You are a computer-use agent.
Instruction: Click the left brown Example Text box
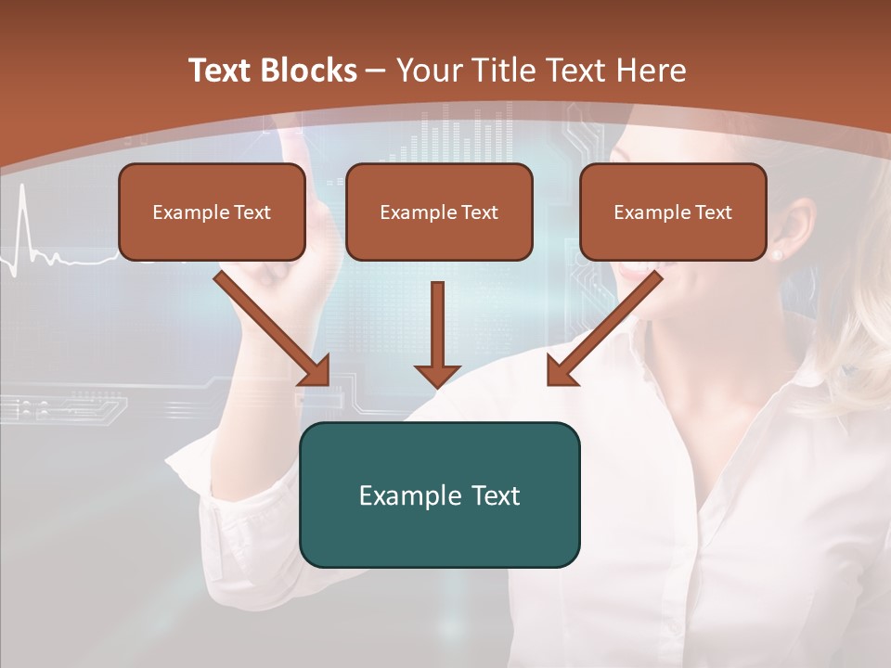212,212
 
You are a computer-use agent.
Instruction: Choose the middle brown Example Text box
439,212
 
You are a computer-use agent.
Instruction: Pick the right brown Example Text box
673,212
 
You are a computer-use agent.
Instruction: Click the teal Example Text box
439,495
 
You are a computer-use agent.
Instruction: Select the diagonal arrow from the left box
272,328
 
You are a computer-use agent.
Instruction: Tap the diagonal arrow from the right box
604,328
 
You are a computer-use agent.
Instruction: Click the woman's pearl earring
777,253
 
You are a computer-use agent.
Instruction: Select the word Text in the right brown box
713,212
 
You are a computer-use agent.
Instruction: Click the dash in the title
376,71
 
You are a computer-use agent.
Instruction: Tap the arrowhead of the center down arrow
437,375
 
